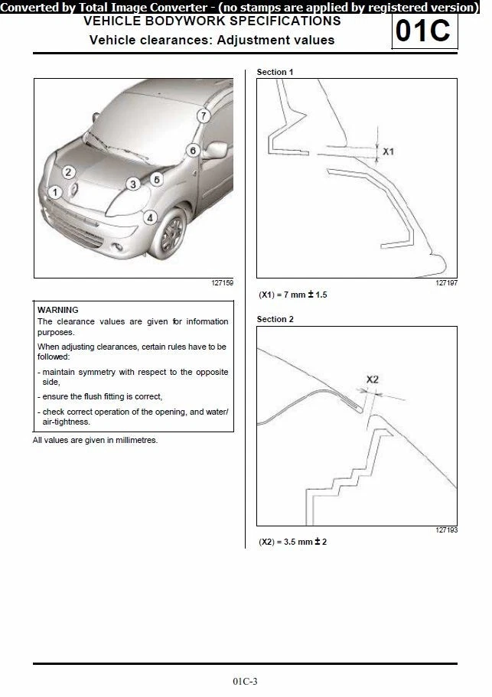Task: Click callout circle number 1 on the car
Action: tap(54, 192)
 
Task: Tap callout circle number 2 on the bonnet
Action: tap(68, 173)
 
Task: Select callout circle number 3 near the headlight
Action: tap(132, 184)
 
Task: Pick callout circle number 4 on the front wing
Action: tap(150, 217)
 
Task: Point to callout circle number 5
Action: tap(156, 179)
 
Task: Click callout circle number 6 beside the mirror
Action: tap(193, 151)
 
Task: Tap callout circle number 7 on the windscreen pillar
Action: tap(203, 116)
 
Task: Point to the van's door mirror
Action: tap(215, 150)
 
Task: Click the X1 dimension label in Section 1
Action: tap(389, 152)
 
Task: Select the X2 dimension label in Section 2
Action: tap(373, 379)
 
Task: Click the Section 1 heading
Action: tap(275, 72)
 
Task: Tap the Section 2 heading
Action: tap(275, 319)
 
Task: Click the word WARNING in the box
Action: tap(58, 310)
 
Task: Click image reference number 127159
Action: tap(222, 283)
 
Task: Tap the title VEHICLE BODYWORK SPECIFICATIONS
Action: tap(212, 21)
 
